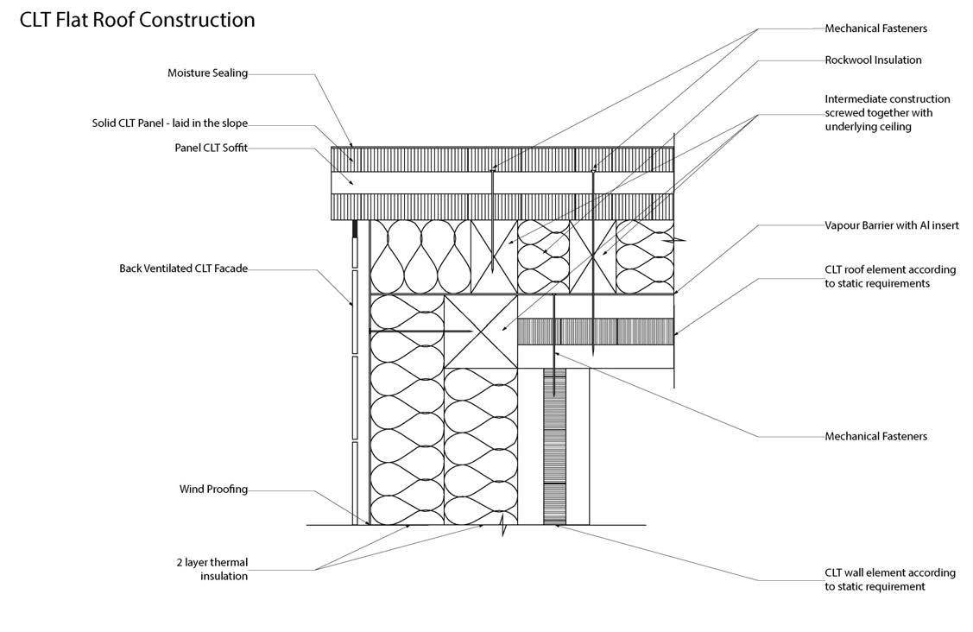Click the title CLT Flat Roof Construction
[137, 20]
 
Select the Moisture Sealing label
[207, 73]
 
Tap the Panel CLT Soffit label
[211, 148]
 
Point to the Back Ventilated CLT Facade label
[183, 269]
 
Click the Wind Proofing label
[213, 490]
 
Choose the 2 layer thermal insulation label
[211, 569]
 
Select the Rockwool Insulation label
[873, 60]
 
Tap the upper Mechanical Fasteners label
[875, 28]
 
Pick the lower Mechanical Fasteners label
[875, 436]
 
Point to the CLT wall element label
[889, 579]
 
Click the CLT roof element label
[889, 276]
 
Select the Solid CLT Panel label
[170, 123]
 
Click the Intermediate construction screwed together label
[887, 113]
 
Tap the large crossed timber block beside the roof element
[481, 331]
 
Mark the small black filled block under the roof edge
[354, 229]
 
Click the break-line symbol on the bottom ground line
[503, 525]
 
